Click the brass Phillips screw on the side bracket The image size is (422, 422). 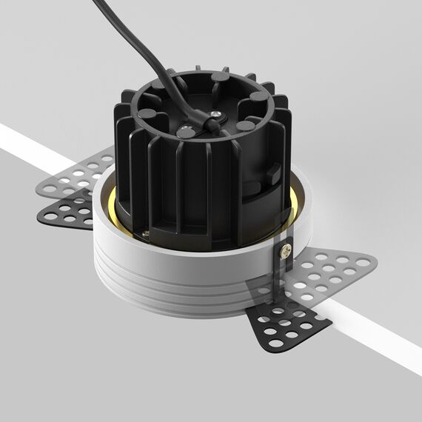point(284,252)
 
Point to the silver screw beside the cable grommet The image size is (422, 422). point(215,112)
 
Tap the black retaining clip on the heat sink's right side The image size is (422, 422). point(272,175)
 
